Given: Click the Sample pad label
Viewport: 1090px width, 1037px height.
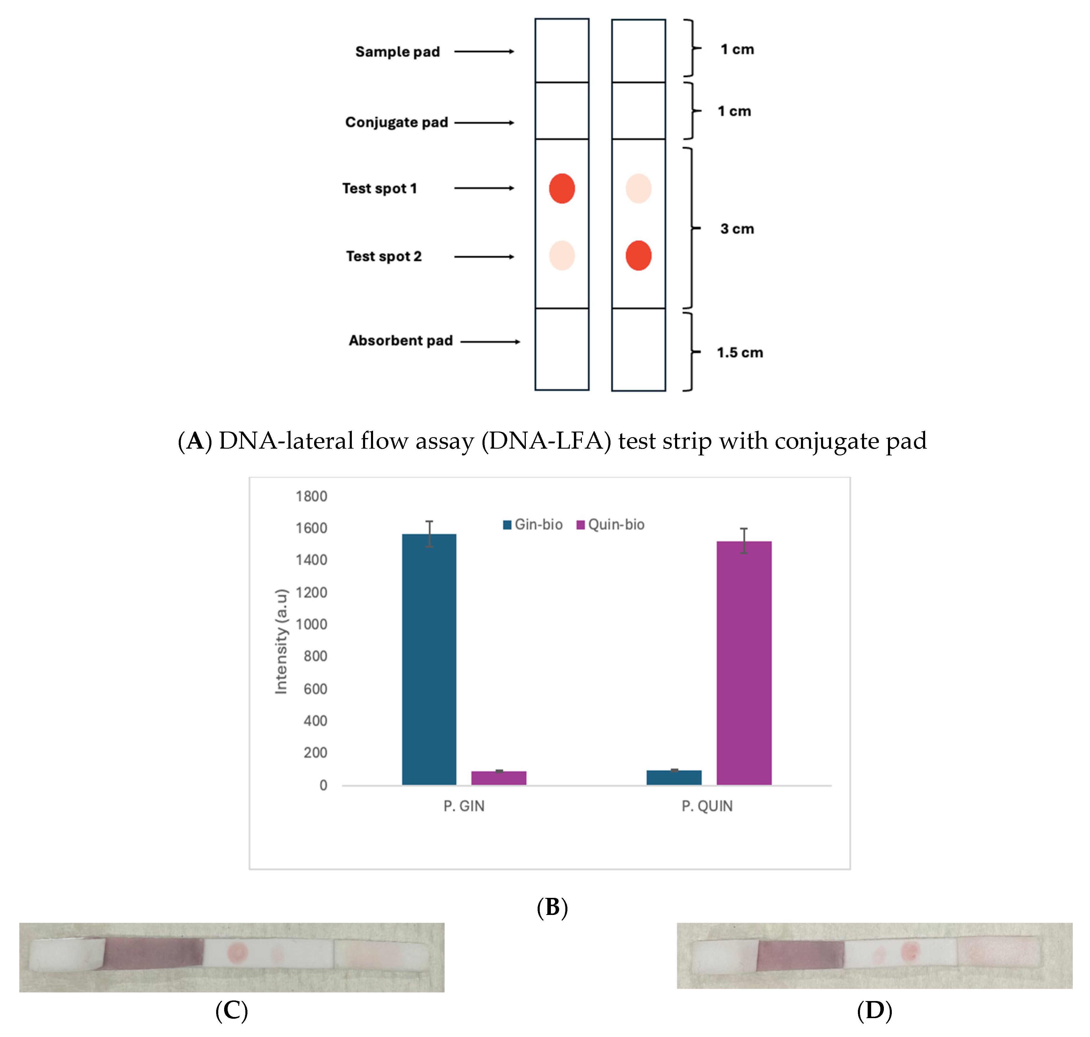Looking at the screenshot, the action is pos(397,52).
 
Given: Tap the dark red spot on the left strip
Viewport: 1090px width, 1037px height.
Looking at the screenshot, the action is pos(561,188).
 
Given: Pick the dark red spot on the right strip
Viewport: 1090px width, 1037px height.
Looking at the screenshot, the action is pos(638,255).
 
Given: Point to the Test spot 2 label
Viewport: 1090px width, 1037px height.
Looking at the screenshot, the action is pos(383,256).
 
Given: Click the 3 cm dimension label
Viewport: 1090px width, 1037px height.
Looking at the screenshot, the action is pos(737,229).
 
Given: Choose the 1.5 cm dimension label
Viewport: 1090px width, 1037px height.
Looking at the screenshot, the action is pos(739,353).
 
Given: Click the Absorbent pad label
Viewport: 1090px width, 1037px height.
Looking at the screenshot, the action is pos(400,340).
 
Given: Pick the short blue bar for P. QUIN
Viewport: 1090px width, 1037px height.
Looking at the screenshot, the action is pos(674,777).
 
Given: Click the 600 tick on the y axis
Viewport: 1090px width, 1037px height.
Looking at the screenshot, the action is pos(315,689).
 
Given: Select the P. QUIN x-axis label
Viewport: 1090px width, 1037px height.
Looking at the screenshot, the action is pos(707,806).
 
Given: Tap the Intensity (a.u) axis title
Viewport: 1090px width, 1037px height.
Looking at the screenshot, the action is pos(281,641).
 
